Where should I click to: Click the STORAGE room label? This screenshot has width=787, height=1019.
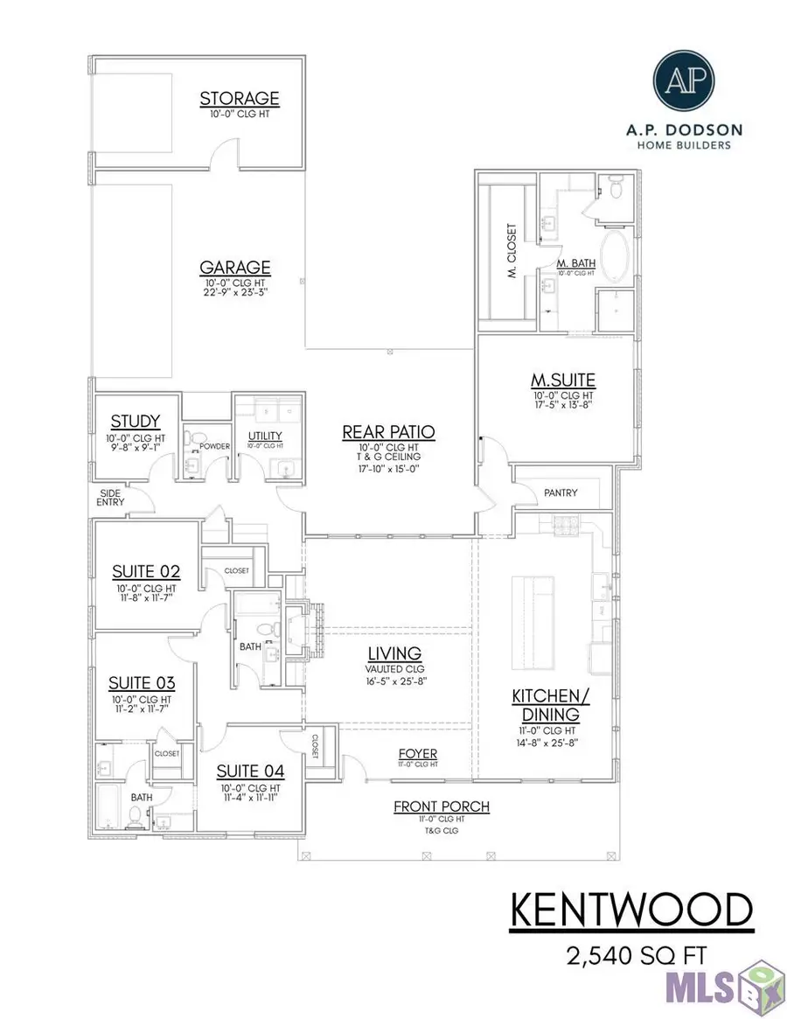(x=239, y=99)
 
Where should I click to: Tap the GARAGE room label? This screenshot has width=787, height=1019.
(x=234, y=268)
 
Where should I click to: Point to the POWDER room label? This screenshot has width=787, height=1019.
(x=214, y=446)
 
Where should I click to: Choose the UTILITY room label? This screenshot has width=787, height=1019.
(x=263, y=435)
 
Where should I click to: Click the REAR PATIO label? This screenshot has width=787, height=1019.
(x=388, y=432)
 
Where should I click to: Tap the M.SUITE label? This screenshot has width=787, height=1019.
(x=563, y=380)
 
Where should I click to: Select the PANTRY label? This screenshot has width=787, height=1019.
(x=560, y=492)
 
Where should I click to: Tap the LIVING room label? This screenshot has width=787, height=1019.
(x=395, y=653)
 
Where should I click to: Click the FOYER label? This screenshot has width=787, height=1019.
(x=417, y=754)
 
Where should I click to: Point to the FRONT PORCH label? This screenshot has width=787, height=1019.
(x=441, y=806)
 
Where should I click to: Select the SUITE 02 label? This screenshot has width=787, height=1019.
(x=146, y=572)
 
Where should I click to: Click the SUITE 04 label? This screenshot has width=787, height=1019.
(x=250, y=771)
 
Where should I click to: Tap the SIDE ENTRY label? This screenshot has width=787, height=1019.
(x=111, y=497)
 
